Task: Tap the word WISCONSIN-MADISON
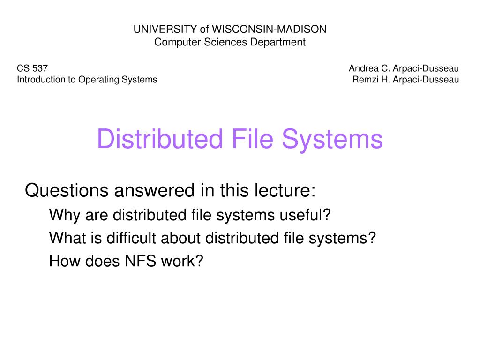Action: pos(269,29)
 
